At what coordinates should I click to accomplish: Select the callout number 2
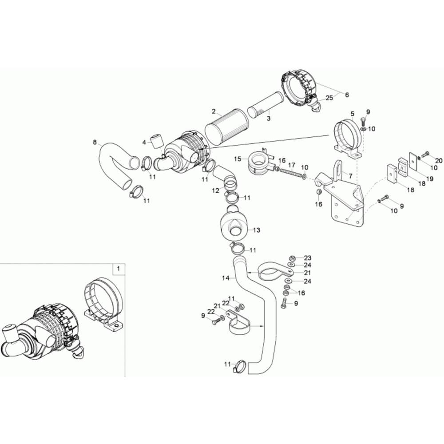point(214,111)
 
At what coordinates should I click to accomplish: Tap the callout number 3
point(269,119)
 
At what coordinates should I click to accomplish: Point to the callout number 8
point(95,142)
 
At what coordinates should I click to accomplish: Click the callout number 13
point(257,230)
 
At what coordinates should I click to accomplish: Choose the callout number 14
point(226,278)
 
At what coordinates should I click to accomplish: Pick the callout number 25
point(329,98)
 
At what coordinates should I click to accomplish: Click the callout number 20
point(439,161)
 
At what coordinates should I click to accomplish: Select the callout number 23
point(308,258)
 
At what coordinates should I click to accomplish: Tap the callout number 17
point(292,165)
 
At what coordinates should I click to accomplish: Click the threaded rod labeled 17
point(290,173)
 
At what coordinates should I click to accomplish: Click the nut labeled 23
point(292,258)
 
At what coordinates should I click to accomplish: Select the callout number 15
point(238,159)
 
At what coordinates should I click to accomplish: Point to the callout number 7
point(350,176)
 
